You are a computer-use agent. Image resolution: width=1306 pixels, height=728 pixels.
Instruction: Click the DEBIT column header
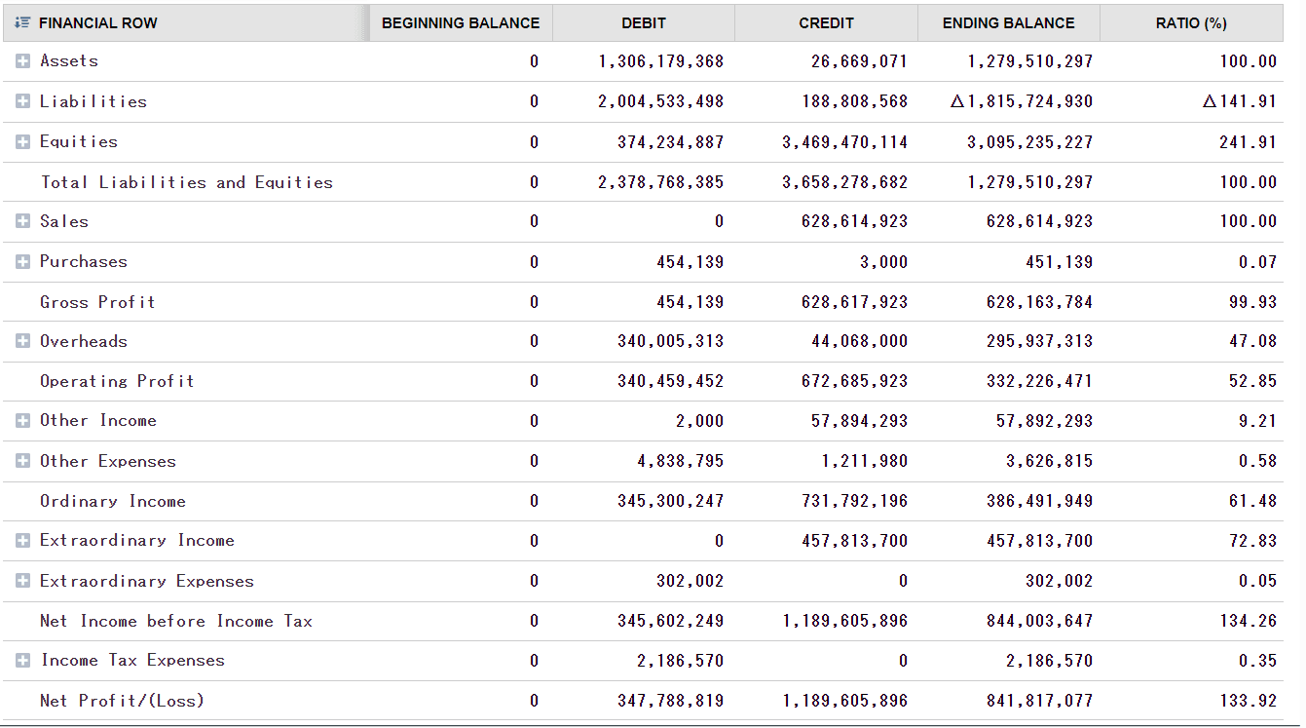[x=643, y=22]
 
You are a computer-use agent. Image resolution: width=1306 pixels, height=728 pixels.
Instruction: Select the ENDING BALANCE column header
[x=1008, y=22]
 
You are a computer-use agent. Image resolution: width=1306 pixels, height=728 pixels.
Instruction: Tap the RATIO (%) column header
[x=1191, y=22]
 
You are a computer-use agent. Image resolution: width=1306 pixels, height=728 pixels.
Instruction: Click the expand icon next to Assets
[x=23, y=61]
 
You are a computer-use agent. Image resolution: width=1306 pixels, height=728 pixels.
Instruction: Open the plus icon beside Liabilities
[x=23, y=101]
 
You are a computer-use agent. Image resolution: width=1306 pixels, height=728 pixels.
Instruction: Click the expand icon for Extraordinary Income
[x=23, y=541]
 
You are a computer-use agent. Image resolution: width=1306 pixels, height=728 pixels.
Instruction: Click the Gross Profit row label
[x=97, y=302]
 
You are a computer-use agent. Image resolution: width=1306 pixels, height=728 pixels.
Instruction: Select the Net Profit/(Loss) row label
[x=122, y=701]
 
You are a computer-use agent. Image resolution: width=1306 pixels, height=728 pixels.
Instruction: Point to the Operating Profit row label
[x=117, y=381]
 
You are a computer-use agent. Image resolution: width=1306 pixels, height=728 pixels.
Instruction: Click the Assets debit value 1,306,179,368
[x=660, y=61]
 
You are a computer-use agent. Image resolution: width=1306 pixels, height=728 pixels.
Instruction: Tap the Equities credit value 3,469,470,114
[x=844, y=142]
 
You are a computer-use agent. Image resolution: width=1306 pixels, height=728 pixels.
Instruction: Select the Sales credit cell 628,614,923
[x=853, y=222]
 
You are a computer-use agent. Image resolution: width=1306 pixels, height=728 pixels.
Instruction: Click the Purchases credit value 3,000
[x=884, y=262]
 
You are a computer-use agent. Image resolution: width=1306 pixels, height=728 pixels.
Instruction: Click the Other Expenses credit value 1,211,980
[x=864, y=461]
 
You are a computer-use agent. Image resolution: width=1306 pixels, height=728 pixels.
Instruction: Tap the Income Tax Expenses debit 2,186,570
[x=680, y=661]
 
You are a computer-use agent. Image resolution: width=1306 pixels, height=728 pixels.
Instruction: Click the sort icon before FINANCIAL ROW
[x=24, y=22]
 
